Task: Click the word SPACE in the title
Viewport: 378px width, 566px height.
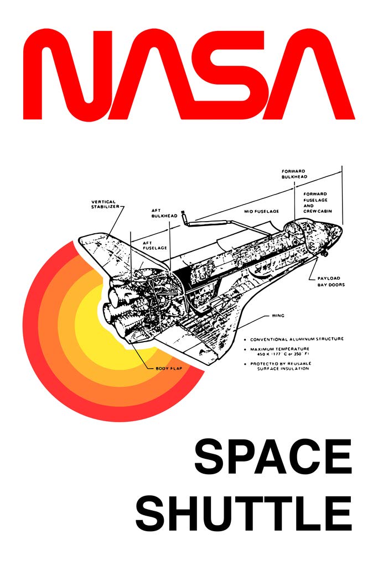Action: coord(273,457)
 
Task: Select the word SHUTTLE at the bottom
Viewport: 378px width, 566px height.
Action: coord(244,513)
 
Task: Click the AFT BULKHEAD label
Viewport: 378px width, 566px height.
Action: coord(164,213)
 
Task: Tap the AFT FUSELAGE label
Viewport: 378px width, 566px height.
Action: coord(155,245)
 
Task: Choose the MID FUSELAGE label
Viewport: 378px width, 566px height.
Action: coord(261,211)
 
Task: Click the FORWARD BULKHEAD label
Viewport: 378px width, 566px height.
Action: coord(293,174)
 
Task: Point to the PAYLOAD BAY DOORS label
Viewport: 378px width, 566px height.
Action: coord(331,281)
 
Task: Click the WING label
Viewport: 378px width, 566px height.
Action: coord(277,316)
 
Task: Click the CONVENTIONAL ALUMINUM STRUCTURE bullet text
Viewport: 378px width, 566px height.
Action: coord(296,339)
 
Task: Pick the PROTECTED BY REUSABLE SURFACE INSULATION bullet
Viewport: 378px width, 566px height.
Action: coord(283,365)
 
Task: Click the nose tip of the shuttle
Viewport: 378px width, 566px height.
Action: coord(343,227)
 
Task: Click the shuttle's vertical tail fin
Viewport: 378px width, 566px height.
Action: coord(105,246)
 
